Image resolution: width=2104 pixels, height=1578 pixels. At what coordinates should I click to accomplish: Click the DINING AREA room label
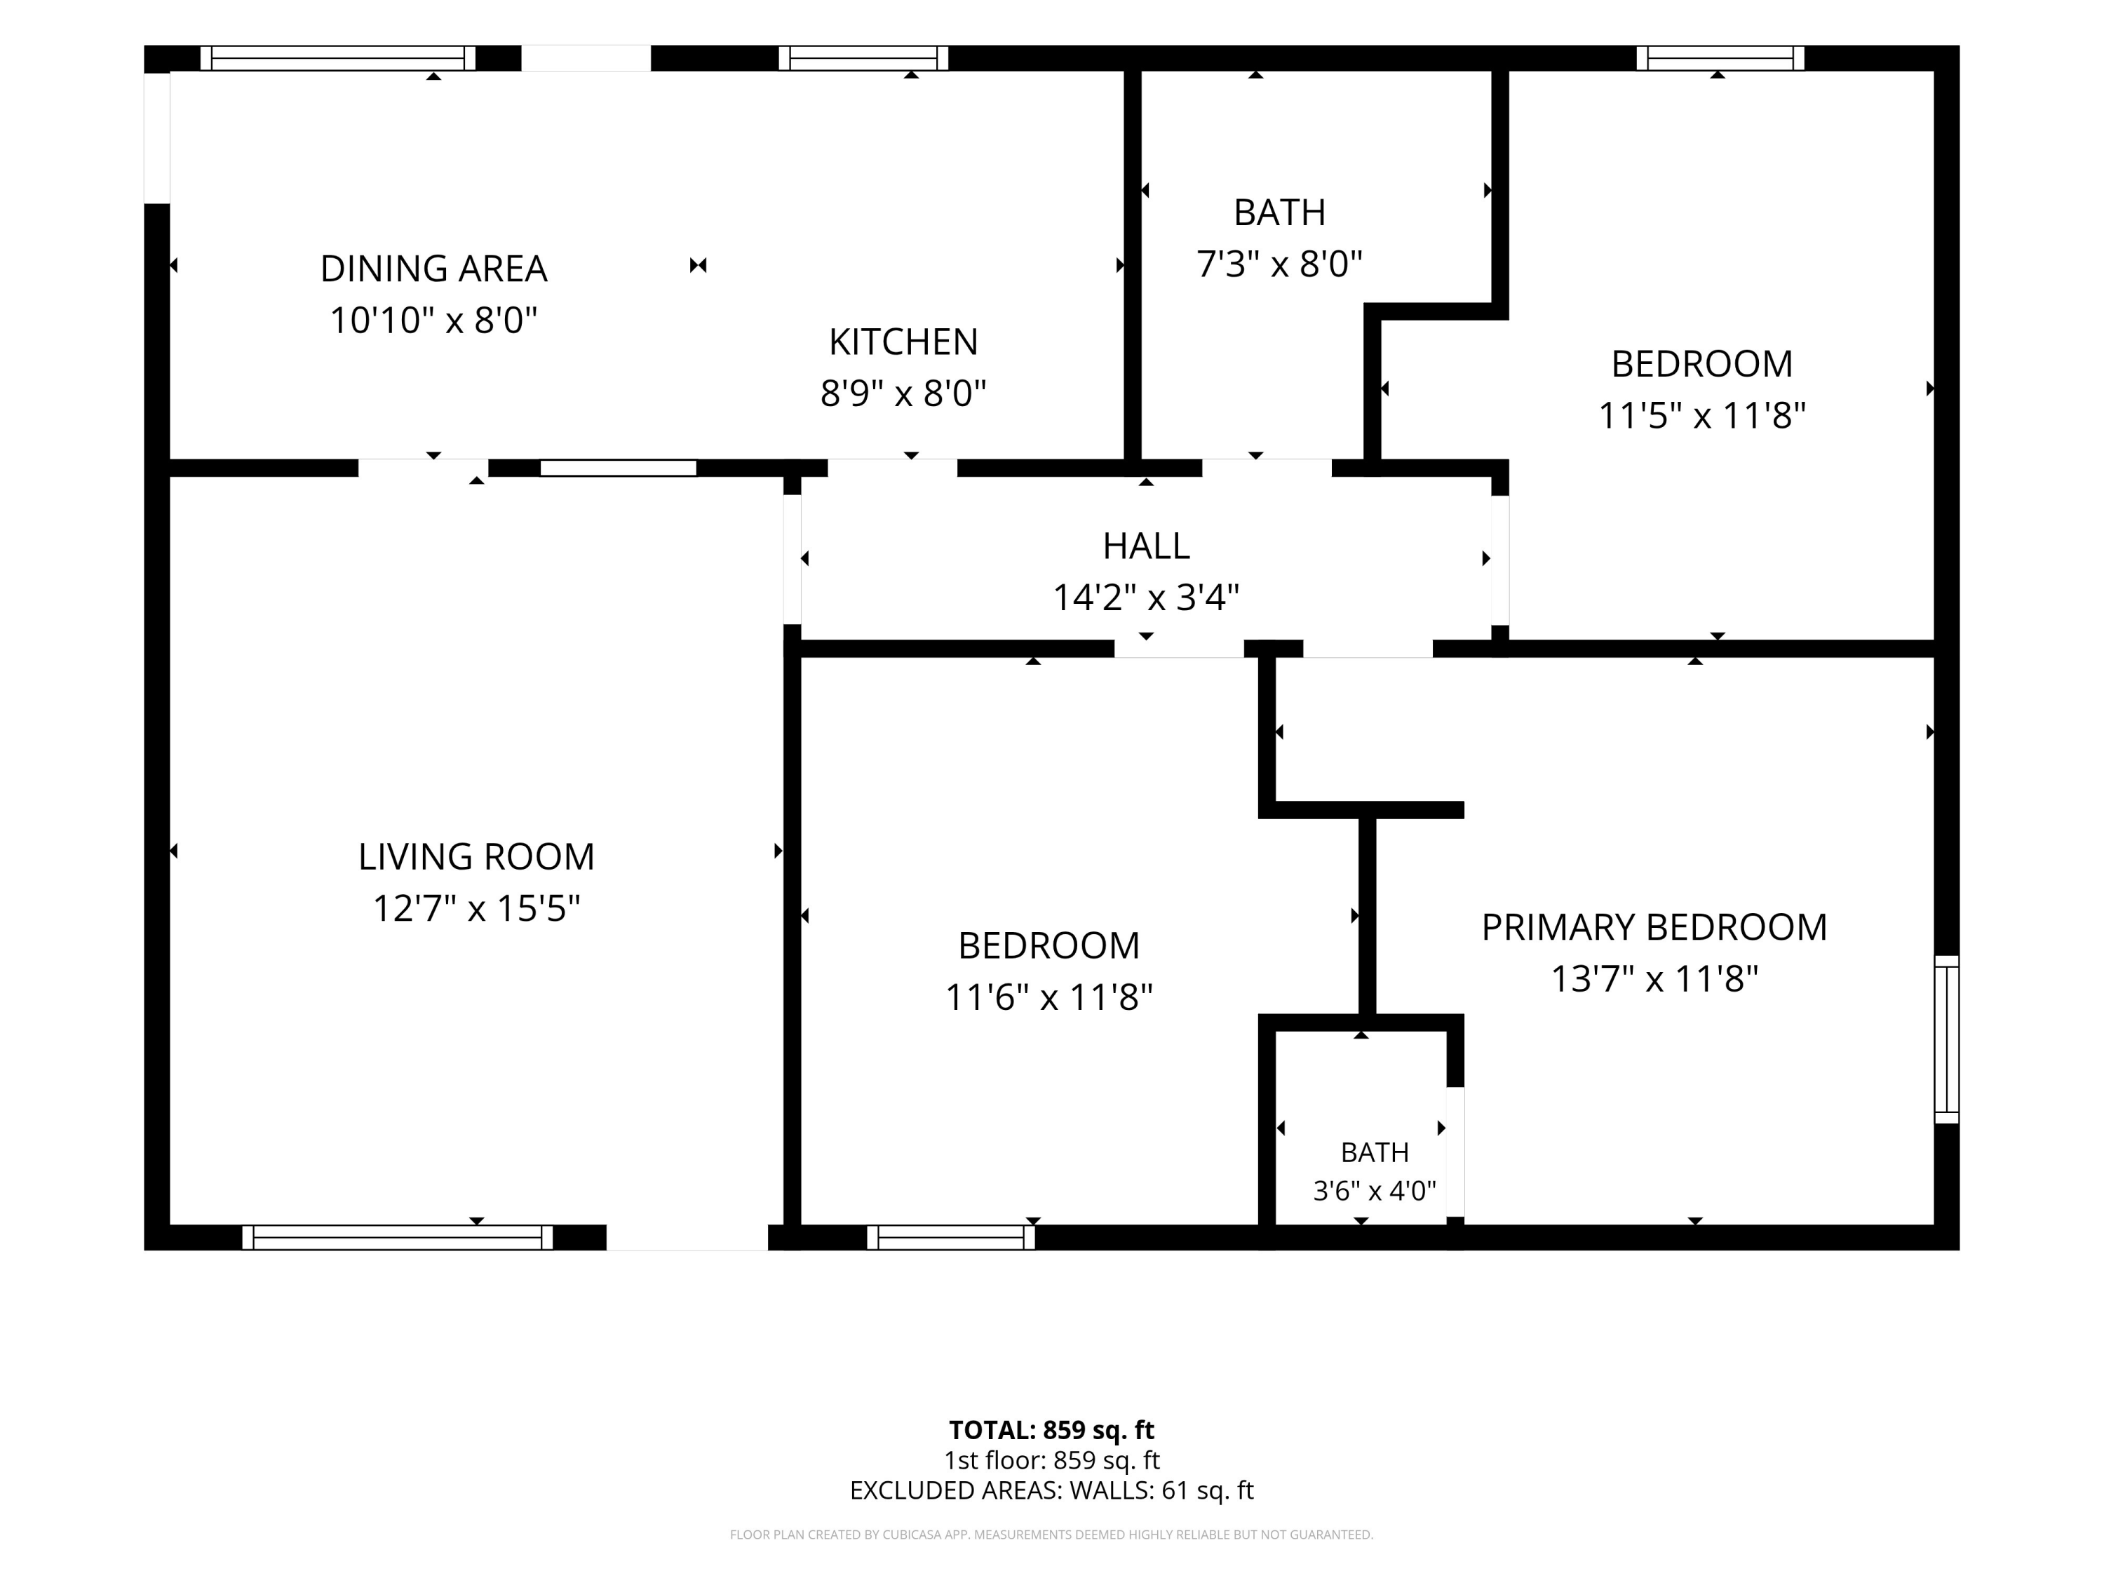(433, 269)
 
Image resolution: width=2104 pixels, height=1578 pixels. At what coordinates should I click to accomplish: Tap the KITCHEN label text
(903, 342)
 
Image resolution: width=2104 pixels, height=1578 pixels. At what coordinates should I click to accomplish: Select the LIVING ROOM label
(476, 857)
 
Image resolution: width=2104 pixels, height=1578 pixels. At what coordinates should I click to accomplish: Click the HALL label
(1146, 546)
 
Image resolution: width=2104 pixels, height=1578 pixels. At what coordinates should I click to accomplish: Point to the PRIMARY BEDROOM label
(1654, 927)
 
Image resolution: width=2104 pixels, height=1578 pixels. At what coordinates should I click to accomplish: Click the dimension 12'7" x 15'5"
(476, 908)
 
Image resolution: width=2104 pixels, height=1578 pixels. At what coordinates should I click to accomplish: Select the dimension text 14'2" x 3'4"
(1146, 598)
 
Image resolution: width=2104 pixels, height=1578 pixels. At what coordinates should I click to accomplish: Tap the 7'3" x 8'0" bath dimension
(1279, 264)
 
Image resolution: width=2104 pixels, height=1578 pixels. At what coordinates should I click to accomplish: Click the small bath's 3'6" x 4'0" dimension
(1375, 1190)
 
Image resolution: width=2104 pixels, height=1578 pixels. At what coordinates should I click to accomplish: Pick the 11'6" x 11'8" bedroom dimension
(1049, 998)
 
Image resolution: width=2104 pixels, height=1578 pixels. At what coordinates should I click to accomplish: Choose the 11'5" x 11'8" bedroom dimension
(1701, 416)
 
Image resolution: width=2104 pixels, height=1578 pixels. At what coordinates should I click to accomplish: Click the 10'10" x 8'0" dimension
(433, 321)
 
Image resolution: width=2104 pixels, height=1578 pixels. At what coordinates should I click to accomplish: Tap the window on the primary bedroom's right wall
(1947, 1039)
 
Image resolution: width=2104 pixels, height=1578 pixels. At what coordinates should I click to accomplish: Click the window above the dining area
(337, 58)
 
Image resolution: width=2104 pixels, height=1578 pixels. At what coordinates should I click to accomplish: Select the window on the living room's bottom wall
(398, 1237)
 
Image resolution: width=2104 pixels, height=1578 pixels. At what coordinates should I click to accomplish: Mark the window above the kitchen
(863, 58)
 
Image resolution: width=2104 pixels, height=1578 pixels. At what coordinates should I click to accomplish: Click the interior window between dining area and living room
(619, 468)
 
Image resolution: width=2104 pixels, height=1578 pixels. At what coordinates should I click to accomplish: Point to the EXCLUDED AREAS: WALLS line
(1051, 1490)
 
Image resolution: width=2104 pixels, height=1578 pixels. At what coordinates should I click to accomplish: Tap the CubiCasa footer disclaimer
(1051, 1535)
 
